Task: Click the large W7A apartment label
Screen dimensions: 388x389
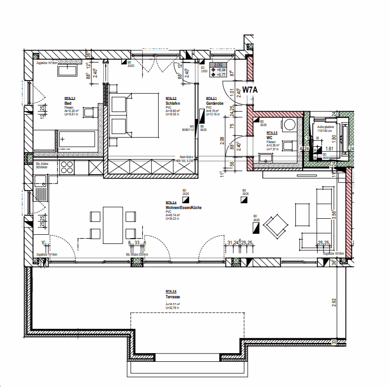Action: (250, 90)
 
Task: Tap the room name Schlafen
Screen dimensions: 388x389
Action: (173, 104)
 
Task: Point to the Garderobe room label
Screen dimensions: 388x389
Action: (214, 104)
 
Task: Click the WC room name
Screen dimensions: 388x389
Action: (270, 137)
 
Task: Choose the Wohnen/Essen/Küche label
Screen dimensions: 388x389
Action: (183, 208)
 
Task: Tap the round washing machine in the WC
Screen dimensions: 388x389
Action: (289, 125)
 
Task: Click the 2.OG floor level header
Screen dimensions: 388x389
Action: (218, 65)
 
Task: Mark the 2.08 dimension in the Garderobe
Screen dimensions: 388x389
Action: (222, 140)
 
